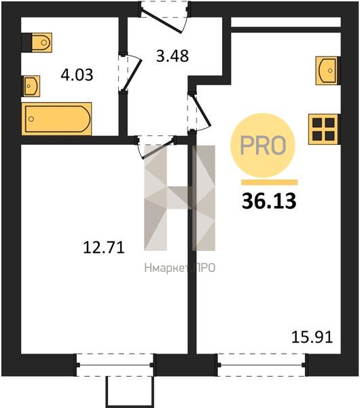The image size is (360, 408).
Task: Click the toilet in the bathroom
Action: pyautogui.click(x=41, y=42)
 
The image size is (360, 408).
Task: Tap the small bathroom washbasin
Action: pyautogui.click(x=32, y=86)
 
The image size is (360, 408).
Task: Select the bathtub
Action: pyautogui.click(x=56, y=119)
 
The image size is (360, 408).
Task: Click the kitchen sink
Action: pyautogui.click(x=327, y=71)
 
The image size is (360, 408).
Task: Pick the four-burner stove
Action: pyautogui.click(x=323, y=129)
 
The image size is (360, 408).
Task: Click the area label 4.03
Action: pyautogui.click(x=77, y=75)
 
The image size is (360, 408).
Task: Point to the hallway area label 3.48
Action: pyautogui.click(x=173, y=56)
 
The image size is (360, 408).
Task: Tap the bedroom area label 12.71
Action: pyautogui.click(x=104, y=248)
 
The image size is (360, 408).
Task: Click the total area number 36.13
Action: pyautogui.click(x=269, y=201)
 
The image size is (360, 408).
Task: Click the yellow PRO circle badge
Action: pyautogui.click(x=263, y=146)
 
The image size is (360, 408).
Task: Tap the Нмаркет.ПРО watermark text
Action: pyautogui.click(x=180, y=268)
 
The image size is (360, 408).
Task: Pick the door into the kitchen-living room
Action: pyautogui.click(x=199, y=112)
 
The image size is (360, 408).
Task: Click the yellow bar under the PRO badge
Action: pyautogui.click(x=269, y=182)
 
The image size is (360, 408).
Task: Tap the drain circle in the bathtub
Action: pyautogui.click(x=31, y=119)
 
